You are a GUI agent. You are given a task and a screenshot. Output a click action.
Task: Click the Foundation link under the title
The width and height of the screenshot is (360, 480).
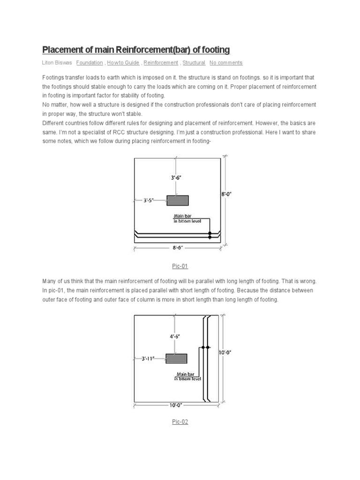pos(90,63)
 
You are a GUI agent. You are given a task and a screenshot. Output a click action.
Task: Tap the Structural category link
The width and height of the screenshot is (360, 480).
pos(194,63)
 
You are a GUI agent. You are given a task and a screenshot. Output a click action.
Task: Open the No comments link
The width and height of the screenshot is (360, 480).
pos(226,63)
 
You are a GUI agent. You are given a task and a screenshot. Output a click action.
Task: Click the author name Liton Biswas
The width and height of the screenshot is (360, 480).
pos(57,63)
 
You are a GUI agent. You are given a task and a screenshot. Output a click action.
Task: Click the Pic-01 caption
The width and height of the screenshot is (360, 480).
pos(180,266)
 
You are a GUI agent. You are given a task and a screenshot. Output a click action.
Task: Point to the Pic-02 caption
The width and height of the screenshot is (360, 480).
pos(180,422)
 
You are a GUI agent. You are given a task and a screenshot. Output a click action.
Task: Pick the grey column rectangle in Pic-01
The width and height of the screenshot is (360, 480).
pos(178,201)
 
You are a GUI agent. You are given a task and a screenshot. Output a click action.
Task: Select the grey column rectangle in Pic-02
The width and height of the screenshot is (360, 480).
pos(176,359)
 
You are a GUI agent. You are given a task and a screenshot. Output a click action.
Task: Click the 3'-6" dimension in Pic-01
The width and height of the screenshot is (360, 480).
pos(178,178)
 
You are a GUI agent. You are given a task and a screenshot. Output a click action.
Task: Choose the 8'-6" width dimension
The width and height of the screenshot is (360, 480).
pos(178,247)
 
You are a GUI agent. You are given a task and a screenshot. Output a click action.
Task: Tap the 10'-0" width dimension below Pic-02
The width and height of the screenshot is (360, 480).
pos(177,405)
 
